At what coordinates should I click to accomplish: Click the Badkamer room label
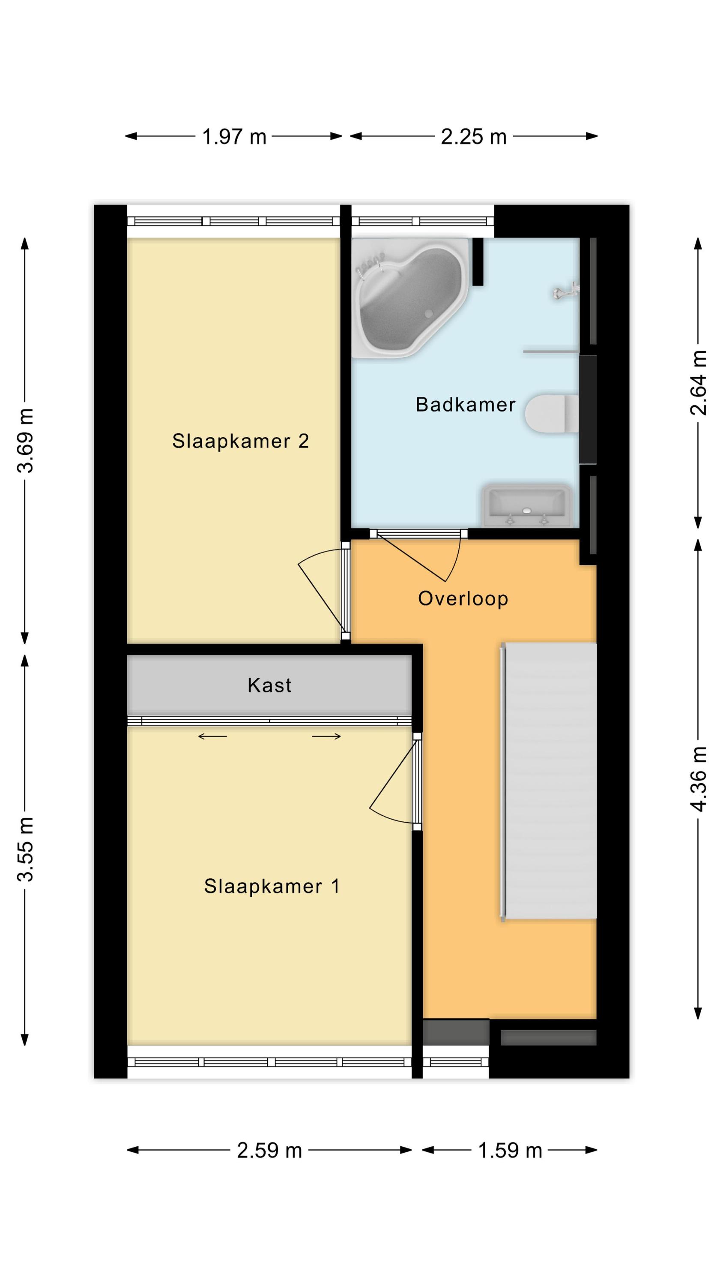(465, 404)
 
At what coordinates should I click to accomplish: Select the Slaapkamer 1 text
(272, 886)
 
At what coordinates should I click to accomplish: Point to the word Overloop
(463, 598)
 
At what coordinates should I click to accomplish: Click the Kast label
(269, 685)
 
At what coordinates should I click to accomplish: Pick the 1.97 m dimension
(234, 136)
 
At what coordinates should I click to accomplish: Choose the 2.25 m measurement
(474, 136)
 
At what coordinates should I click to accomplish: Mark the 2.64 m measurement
(699, 383)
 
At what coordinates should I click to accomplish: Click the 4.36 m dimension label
(699, 779)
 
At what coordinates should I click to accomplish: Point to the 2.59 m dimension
(269, 1150)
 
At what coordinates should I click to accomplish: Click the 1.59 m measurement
(510, 1150)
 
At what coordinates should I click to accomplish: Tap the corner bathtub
(410, 297)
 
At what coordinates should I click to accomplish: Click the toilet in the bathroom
(552, 413)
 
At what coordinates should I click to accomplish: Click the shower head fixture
(566, 291)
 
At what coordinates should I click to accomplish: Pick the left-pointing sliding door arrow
(212, 736)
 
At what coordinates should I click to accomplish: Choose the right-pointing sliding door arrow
(327, 736)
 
